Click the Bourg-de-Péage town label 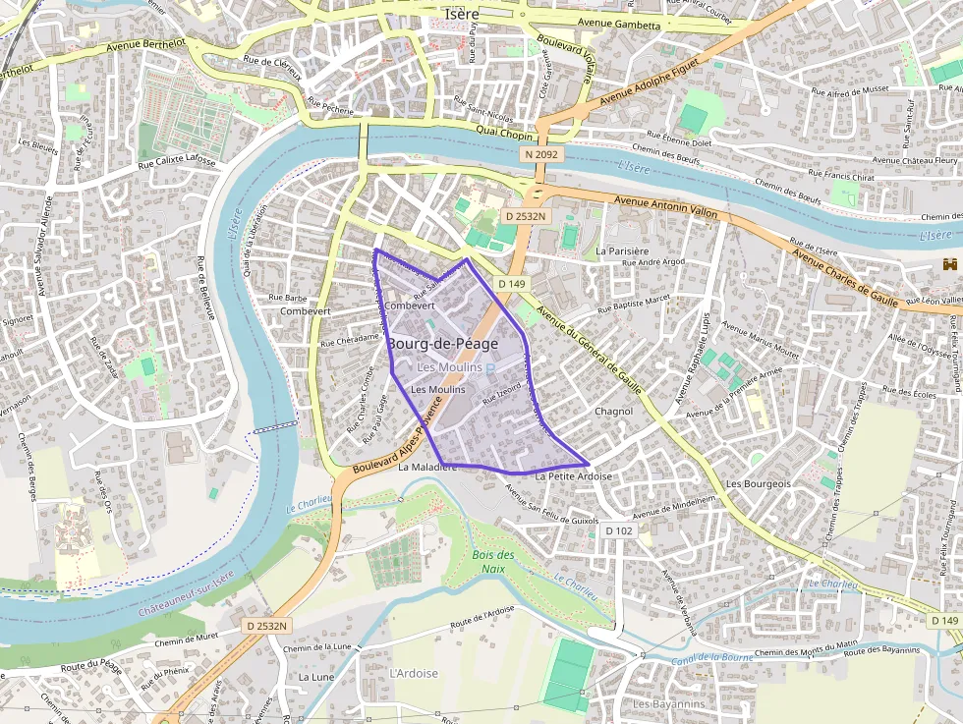click(442, 344)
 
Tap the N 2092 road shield click(540, 154)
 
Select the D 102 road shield click(619, 530)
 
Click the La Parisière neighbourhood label click(622, 251)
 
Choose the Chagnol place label click(613, 411)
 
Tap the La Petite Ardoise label click(573, 476)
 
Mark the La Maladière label click(427, 468)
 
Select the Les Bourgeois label click(758, 483)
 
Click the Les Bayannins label click(669, 704)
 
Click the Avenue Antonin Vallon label click(665, 206)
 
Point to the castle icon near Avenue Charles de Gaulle click(948, 265)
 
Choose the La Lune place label click(315, 677)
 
